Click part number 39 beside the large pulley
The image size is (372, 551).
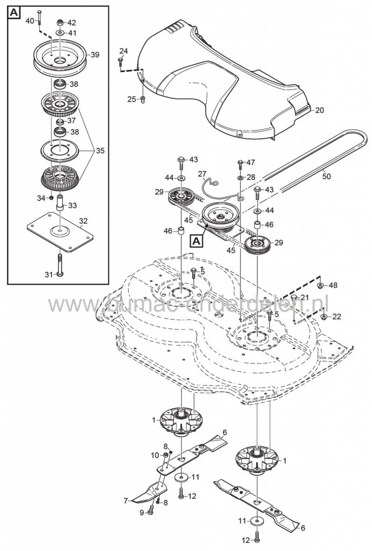point(95,55)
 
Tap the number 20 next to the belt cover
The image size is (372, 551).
point(320,110)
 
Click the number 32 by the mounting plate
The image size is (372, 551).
point(83,220)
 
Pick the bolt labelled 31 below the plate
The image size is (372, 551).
point(60,275)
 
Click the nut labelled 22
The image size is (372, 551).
point(322,316)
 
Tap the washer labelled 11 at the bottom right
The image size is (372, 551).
point(256,521)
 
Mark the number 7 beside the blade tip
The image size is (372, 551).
point(125,500)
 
